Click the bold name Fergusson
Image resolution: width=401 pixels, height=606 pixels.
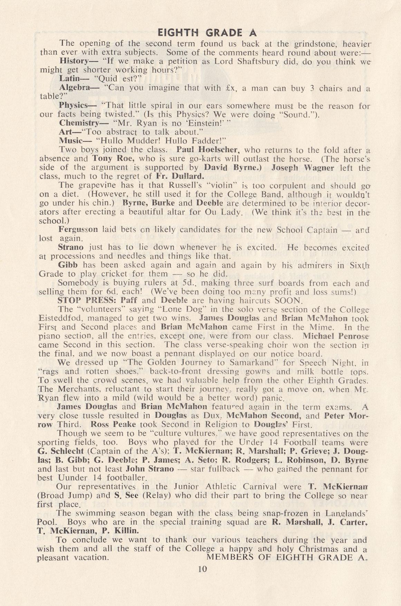pyautogui.click(x=78, y=229)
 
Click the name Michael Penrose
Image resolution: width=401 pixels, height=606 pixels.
pyautogui.click(x=332, y=335)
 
